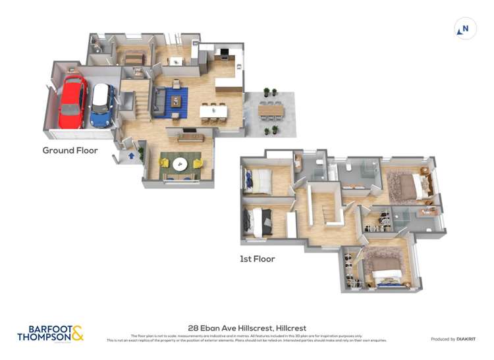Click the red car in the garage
click(72, 103)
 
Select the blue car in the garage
click(101, 105)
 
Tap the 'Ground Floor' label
click(70, 151)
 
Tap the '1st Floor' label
click(257, 259)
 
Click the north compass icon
click(465, 29)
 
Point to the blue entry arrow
click(131, 156)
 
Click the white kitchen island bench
click(214, 112)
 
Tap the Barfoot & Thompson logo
click(51, 333)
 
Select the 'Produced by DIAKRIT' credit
click(454, 339)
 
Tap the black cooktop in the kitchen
click(225, 52)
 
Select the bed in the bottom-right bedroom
click(384, 266)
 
